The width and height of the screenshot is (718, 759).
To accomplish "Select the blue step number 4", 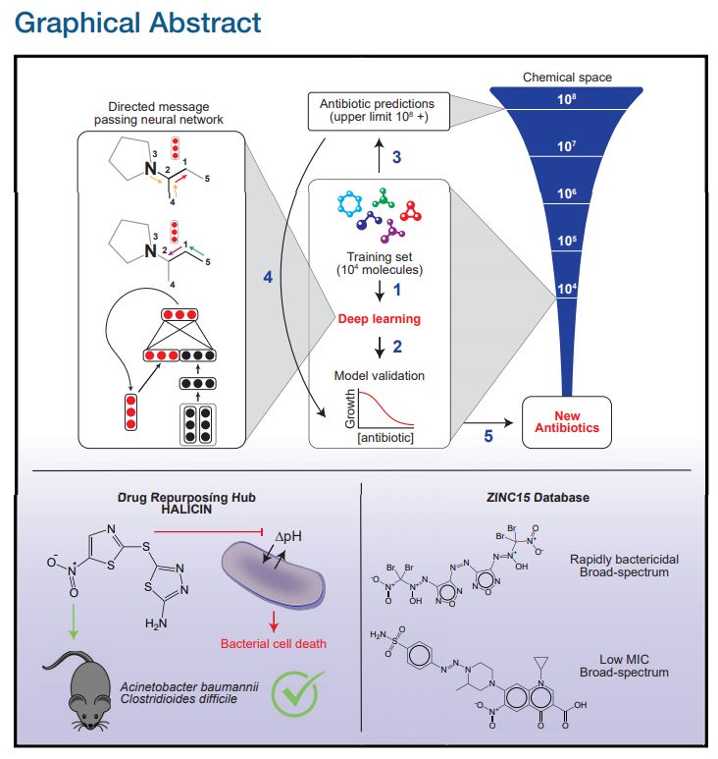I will click(268, 278).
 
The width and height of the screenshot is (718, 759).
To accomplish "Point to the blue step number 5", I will click(487, 436).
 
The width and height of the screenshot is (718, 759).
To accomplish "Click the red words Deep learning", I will click(380, 319).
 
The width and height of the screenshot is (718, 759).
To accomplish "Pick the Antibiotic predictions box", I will click(377, 110).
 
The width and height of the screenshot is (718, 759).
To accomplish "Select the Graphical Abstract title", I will click(138, 22).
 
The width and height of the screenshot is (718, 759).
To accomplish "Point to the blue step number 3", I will click(396, 156).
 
